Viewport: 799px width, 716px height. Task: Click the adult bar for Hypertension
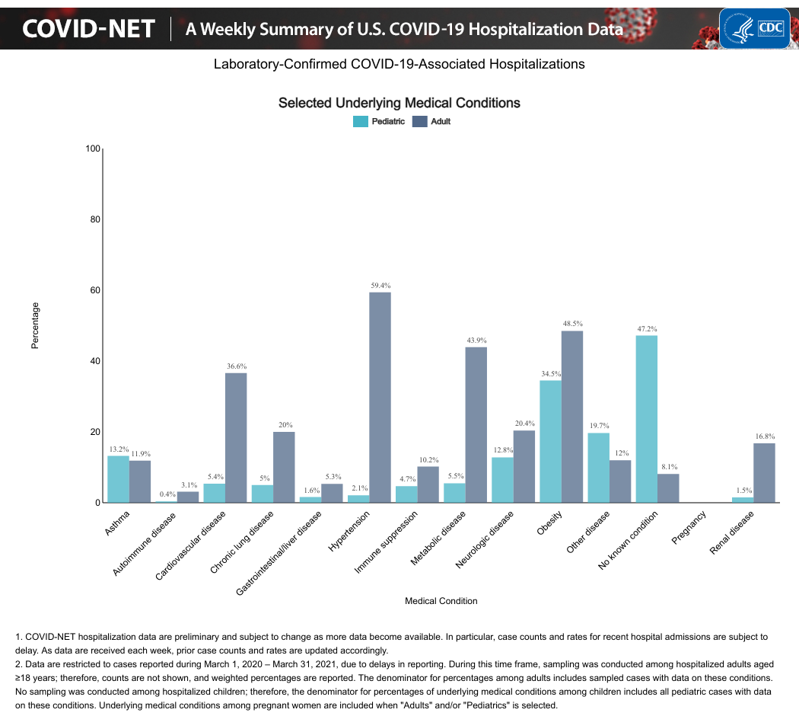pos(380,398)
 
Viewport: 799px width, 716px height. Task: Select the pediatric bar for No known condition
pos(646,419)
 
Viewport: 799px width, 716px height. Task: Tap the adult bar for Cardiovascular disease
pos(236,438)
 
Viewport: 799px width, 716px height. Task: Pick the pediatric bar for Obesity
pos(550,442)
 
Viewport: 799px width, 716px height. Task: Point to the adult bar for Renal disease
pos(764,473)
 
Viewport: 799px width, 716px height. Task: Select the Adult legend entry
pos(431,121)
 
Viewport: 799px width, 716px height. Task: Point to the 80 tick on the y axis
pos(94,219)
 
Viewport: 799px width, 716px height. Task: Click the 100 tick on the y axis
pos(93,149)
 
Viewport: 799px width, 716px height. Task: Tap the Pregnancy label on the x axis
pos(689,528)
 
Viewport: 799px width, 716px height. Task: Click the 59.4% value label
pos(380,285)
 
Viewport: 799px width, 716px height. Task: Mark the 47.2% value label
pos(647,328)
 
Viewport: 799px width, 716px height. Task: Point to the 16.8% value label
pos(765,436)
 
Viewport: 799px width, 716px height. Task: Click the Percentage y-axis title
pos(34,326)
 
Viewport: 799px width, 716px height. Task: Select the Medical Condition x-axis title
pos(441,601)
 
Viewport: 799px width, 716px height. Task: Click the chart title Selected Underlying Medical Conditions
pos(399,103)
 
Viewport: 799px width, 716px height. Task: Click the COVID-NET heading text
pos(88,29)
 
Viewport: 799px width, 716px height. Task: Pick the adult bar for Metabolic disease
pos(476,425)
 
